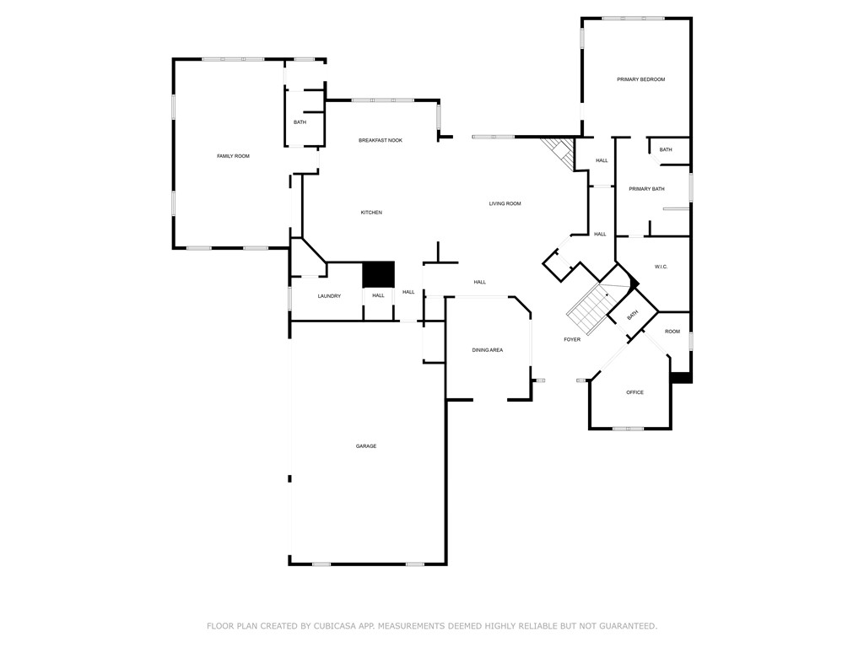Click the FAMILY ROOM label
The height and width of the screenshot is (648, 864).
click(x=233, y=156)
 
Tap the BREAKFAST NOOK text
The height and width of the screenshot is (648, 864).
click(x=381, y=140)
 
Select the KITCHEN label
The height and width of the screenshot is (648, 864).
click(x=371, y=213)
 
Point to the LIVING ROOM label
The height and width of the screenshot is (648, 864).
click(x=505, y=203)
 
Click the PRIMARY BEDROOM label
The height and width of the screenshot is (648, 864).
click(x=640, y=79)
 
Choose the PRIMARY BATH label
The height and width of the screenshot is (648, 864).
click(x=646, y=189)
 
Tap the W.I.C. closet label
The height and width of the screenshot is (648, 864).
click(x=661, y=267)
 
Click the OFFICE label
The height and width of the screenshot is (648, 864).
click(x=634, y=392)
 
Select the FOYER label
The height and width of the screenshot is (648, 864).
click(x=572, y=340)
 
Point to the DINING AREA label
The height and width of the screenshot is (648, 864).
click(x=487, y=350)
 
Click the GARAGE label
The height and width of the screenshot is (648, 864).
click(x=365, y=446)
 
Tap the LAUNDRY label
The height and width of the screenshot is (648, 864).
click(x=329, y=296)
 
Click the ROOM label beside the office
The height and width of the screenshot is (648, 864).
click(x=672, y=332)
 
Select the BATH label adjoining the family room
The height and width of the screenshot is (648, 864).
click(x=300, y=122)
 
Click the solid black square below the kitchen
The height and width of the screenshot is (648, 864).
click(x=378, y=275)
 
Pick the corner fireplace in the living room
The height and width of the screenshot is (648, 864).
click(x=558, y=150)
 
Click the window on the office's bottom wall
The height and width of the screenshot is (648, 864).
click(x=628, y=429)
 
